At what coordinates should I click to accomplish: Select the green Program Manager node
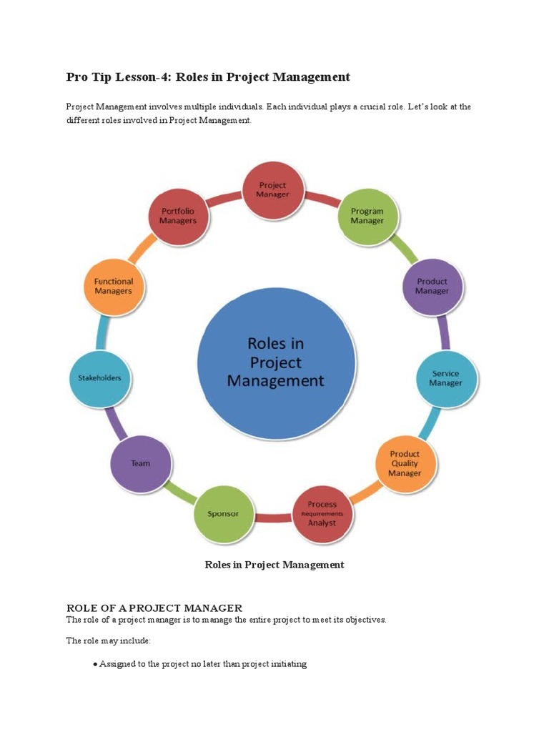pyautogui.click(x=367, y=217)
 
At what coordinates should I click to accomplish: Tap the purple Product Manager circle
pyautogui.click(x=432, y=287)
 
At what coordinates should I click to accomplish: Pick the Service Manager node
pyautogui.click(x=445, y=378)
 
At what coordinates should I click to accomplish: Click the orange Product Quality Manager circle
pyautogui.click(x=405, y=464)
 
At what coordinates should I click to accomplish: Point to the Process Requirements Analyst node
pyautogui.click(x=322, y=514)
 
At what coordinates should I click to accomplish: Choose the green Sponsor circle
pyautogui.click(x=223, y=514)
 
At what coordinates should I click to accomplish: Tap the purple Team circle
pyautogui.click(x=141, y=463)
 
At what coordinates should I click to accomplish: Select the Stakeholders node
pyautogui.click(x=99, y=377)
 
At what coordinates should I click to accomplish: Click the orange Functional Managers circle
pyautogui.click(x=114, y=287)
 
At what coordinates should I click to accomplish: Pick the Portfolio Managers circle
pyautogui.click(x=178, y=217)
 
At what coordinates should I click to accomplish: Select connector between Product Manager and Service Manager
pyautogui.click(x=444, y=333)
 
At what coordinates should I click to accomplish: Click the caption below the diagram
pyautogui.click(x=274, y=565)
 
